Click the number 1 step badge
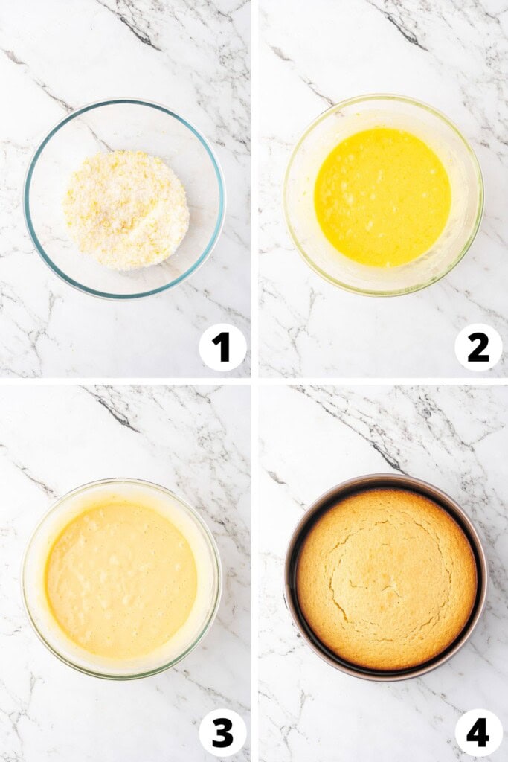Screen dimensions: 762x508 222,347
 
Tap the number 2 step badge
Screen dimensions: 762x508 478,347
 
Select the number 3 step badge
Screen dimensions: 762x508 222,732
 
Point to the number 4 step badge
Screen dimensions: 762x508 478,732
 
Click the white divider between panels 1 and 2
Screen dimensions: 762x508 254,186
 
